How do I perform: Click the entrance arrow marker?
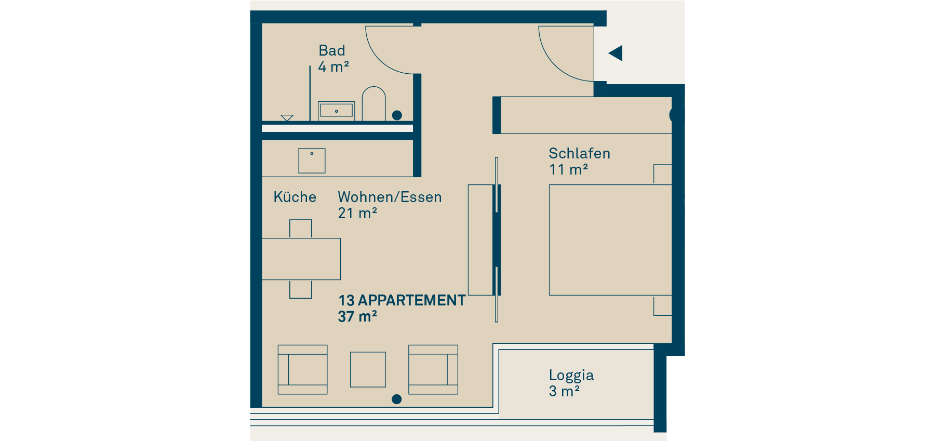point(616,53)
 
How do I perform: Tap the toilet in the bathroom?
point(373,104)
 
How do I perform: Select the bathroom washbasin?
point(336,111)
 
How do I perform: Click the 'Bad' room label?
point(332,50)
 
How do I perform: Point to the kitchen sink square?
point(312,161)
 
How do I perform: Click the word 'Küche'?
point(295,197)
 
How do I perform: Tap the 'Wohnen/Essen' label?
point(390,197)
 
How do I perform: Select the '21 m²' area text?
point(357,213)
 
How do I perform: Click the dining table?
point(301,259)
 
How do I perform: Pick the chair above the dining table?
point(301,229)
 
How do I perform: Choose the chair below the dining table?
point(301,289)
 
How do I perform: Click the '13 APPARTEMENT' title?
point(402,300)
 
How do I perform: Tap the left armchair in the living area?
point(303,370)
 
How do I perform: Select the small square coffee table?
point(368,369)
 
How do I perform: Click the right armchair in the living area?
point(433,370)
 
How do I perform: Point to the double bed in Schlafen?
point(610,240)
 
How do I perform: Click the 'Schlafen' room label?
point(579,153)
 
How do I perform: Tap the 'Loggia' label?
point(571,375)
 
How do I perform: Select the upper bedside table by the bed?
point(663,175)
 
